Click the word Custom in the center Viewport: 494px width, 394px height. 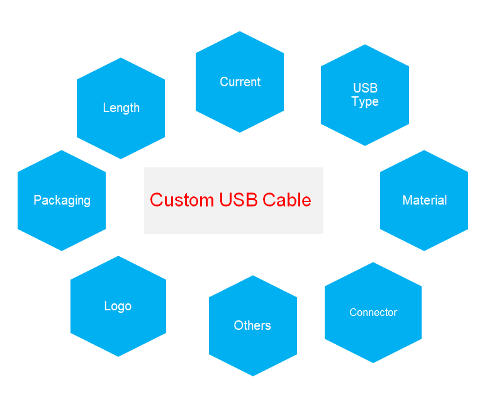click(x=181, y=200)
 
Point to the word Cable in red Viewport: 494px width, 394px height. click(x=287, y=200)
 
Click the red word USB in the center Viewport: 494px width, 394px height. click(x=238, y=200)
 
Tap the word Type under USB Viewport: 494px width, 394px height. click(x=365, y=102)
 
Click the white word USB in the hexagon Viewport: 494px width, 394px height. click(x=365, y=88)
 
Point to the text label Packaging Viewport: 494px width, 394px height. click(x=62, y=200)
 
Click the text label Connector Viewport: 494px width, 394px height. click(x=373, y=313)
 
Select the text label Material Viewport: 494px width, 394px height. click(x=424, y=200)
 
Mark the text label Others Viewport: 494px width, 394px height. click(x=252, y=325)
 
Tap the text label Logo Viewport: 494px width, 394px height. click(x=118, y=307)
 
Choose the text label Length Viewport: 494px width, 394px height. click(x=121, y=108)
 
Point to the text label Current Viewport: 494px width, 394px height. click(x=240, y=82)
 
